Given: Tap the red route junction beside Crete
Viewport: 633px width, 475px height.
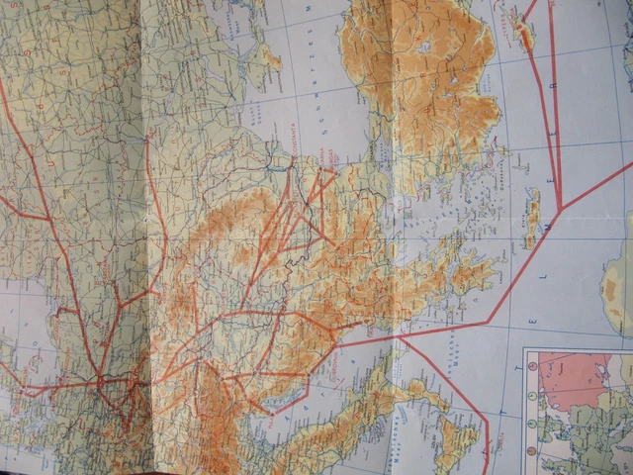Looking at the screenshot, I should pos(560,208).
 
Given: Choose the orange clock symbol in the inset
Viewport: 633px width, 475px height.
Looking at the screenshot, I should pos(531,364).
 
